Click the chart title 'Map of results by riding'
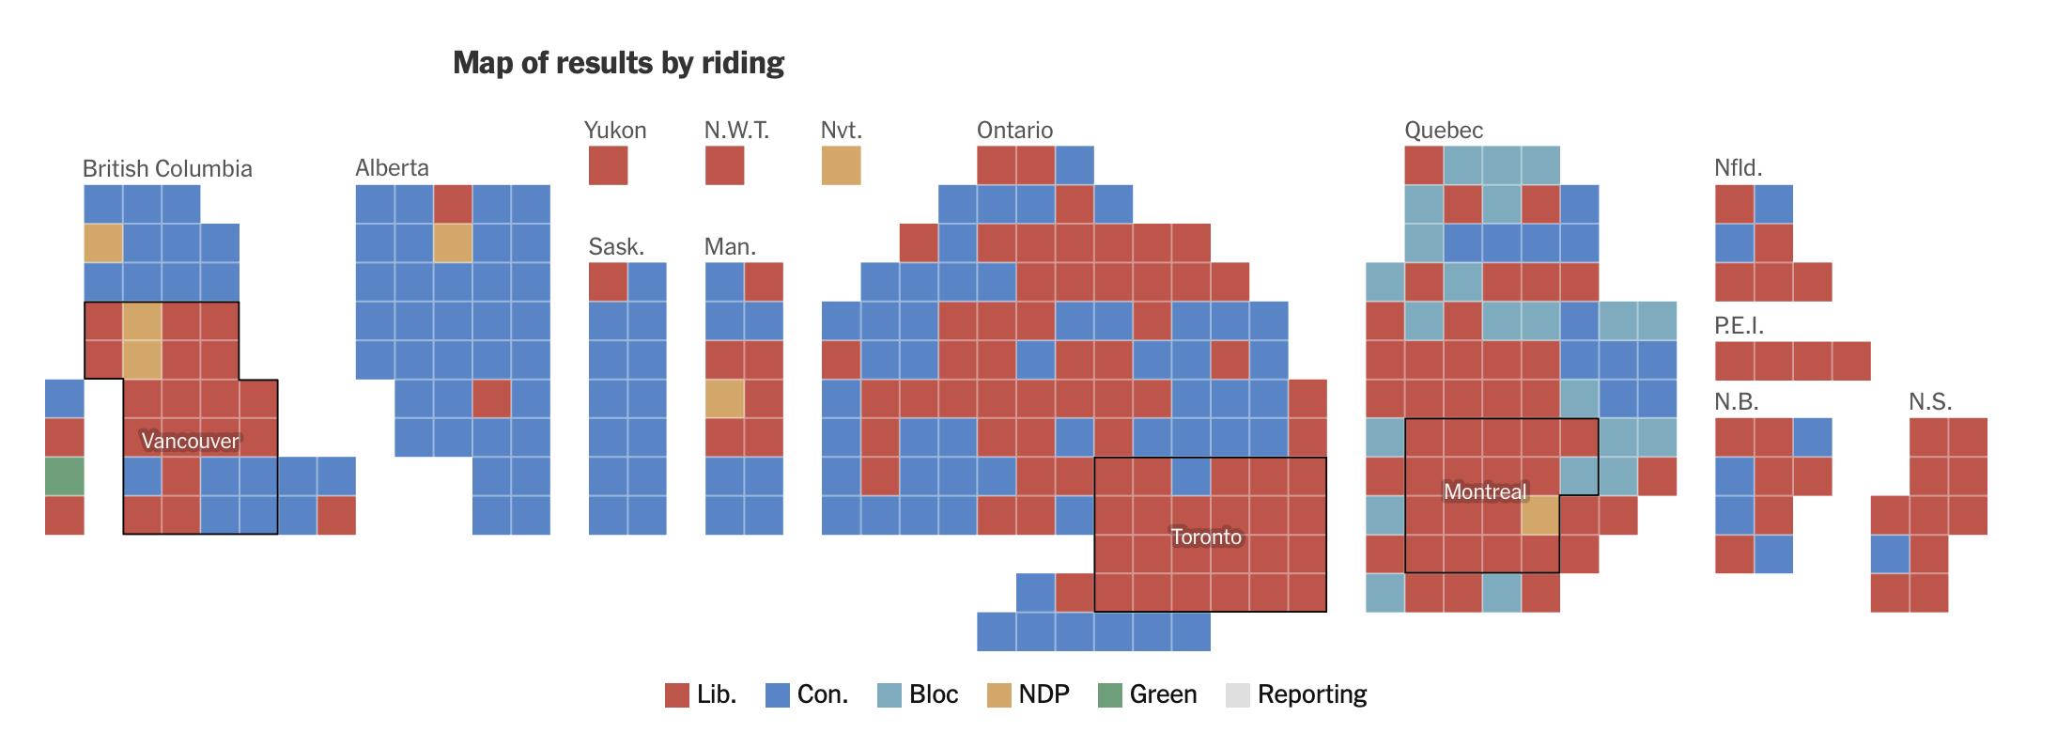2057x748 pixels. click(618, 63)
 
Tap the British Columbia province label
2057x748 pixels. click(167, 169)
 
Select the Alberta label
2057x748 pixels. click(392, 168)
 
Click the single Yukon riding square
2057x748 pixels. click(608, 165)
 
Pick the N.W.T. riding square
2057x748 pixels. click(724, 165)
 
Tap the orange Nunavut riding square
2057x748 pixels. click(841, 165)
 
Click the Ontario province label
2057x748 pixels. click(1014, 130)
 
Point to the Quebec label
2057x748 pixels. click(1444, 130)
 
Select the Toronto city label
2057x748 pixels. click(1206, 537)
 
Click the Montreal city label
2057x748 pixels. click(1485, 491)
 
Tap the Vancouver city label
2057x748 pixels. click(190, 441)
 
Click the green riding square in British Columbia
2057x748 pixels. click(64, 476)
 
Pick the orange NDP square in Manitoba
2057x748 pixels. click(724, 398)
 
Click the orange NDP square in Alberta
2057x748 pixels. click(453, 243)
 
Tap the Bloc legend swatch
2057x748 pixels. click(889, 695)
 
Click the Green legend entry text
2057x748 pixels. click(1163, 694)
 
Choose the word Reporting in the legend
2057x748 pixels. click(1311, 694)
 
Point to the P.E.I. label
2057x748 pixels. click(1739, 325)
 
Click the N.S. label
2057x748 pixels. click(1930, 402)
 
